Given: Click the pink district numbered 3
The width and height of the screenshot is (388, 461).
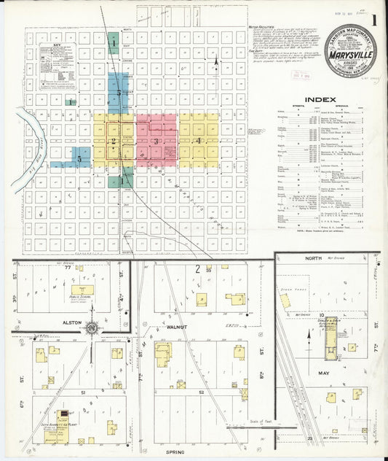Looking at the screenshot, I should point(156,140).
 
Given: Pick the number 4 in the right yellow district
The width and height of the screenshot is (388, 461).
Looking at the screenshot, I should point(198,139).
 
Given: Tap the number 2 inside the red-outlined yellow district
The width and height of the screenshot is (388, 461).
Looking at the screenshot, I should point(113,141).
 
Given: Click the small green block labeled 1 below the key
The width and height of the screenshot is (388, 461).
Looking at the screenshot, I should point(70,102).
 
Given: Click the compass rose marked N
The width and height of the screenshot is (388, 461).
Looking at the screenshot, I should point(92,328).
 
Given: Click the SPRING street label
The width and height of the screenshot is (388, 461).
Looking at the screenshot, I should point(175,452).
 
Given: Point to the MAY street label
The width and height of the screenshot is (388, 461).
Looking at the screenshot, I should point(324,373).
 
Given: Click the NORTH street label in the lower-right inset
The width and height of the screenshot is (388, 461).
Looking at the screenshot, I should point(312,258).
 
